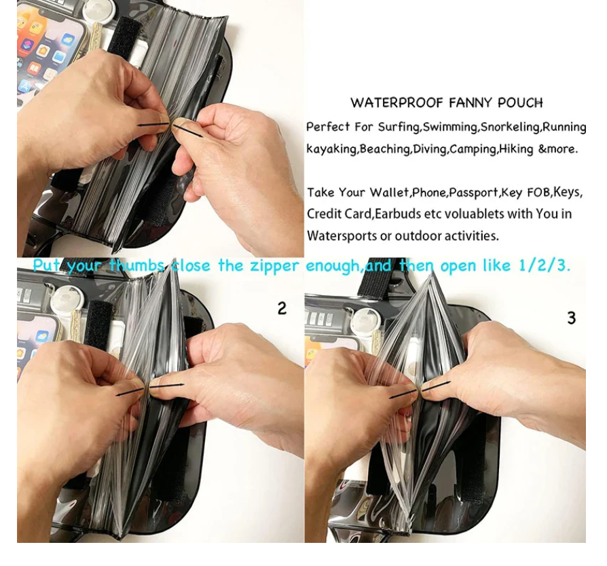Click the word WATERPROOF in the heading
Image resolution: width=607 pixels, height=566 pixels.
click(x=397, y=103)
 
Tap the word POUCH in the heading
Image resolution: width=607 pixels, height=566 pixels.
click(x=520, y=103)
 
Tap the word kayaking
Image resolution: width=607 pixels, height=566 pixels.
click(x=331, y=149)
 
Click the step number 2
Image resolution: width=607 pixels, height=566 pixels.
click(x=282, y=308)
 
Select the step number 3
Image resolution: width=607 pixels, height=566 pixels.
click(x=572, y=318)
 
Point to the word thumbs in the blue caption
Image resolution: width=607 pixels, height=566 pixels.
click(x=136, y=266)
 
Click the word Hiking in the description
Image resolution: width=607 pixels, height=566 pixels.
click(x=515, y=149)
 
